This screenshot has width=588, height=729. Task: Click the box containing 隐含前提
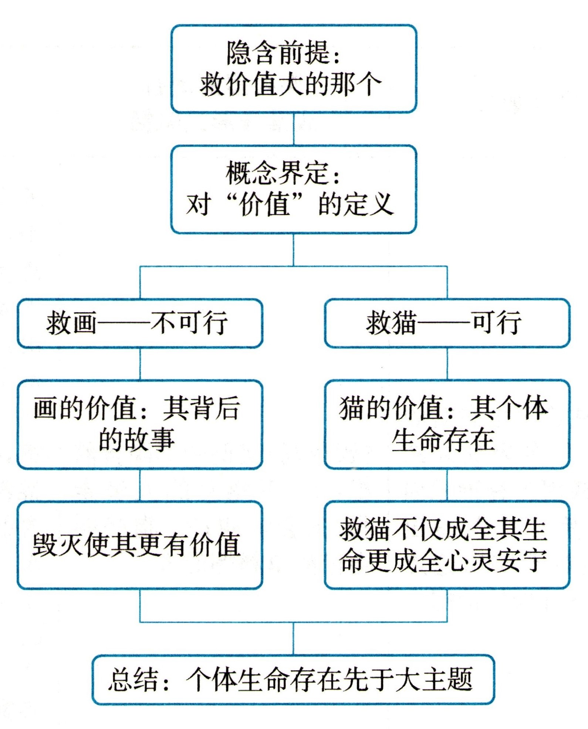tap(294, 69)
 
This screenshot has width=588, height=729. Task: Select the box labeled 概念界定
tap(294, 189)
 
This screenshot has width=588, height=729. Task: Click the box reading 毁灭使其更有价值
tap(140, 545)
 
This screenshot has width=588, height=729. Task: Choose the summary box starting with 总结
tap(293, 680)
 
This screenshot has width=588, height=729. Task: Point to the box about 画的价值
tap(140, 424)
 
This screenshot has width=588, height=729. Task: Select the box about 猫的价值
tap(447, 424)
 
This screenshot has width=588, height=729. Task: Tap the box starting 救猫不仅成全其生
tap(447, 545)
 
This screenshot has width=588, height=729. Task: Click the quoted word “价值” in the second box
tap(264, 204)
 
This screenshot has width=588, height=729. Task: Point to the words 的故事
tap(136, 440)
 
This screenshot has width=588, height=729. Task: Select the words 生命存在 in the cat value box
tap(443, 440)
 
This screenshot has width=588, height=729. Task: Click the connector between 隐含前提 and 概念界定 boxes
tap(294, 129)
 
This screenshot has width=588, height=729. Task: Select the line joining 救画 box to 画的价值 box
tap(140, 364)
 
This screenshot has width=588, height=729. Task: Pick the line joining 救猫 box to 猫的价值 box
tap(447, 364)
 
